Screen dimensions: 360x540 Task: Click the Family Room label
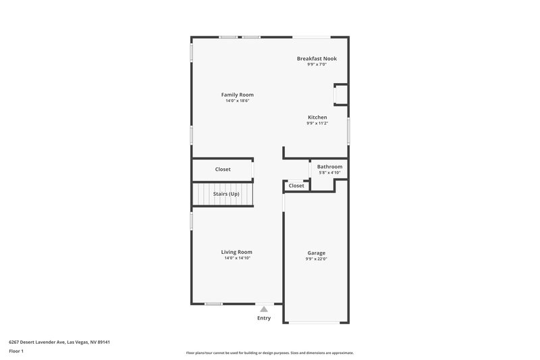[238, 95]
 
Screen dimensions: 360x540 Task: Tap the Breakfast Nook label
[317, 59]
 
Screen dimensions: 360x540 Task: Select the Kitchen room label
[317, 118]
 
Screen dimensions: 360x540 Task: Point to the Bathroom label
[329, 167]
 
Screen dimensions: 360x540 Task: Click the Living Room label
[237, 252]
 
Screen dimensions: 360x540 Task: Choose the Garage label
[316, 253]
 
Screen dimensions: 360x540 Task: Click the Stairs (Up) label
[226, 195]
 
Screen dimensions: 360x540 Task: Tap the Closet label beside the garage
[296, 186]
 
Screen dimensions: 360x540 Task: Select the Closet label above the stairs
[223, 170]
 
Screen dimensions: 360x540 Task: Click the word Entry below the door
[264, 318]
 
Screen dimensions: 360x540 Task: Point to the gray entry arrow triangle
[264, 309]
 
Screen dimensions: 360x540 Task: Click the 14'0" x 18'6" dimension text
[238, 101]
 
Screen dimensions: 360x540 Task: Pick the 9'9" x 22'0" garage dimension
[316, 259]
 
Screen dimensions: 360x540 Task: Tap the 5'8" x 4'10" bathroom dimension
[329, 173]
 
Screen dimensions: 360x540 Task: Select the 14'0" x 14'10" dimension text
[237, 258]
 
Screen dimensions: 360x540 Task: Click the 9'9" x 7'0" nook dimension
[317, 65]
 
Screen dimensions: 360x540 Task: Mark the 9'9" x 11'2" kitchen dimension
[317, 124]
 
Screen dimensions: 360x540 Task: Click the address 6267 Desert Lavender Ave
[59, 342]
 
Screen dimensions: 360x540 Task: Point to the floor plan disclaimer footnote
[269, 353]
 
